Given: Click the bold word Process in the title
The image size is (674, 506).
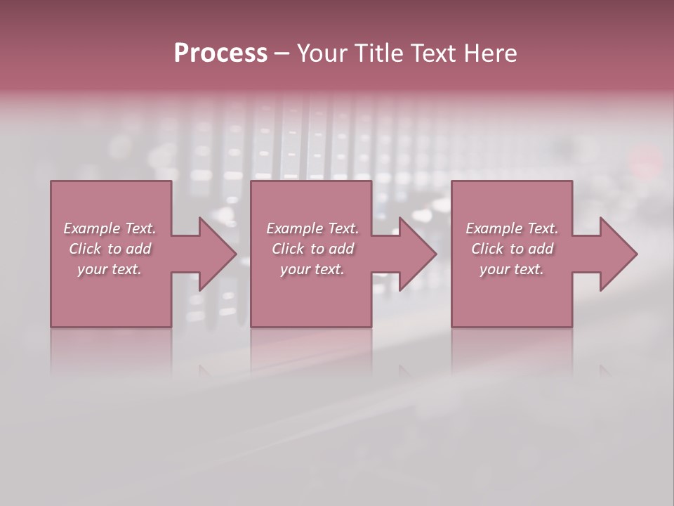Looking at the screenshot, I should pos(220,53).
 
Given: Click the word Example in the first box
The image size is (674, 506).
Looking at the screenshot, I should pos(91,228).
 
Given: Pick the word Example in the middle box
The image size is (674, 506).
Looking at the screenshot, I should pos(294,228).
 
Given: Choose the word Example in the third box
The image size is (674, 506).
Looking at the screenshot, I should pos(494,228).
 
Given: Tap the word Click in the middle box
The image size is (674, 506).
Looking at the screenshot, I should pos(288,249).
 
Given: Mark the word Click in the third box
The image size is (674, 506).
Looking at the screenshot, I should pos(487,249).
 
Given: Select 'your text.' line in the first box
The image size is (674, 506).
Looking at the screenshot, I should pos(110,269).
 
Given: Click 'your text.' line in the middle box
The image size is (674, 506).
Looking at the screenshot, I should pos(312,269).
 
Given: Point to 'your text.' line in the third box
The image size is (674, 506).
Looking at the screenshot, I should pos(512,269).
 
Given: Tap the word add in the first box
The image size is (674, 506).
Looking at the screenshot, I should pos(139,249).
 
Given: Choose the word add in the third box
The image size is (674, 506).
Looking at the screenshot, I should pos(541,249).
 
